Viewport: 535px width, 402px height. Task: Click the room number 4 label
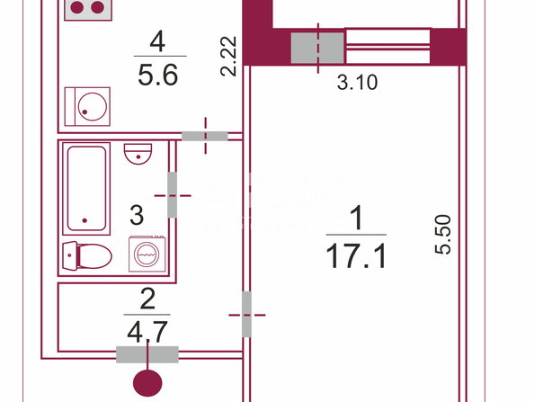[157, 41]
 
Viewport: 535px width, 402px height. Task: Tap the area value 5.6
[158, 75]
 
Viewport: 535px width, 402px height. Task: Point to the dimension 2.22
[228, 56]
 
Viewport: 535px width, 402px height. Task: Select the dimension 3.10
[357, 82]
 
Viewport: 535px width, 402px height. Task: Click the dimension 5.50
[443, 234]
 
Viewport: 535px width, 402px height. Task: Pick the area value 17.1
[356, 256]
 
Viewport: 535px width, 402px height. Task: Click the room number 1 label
[357, 218]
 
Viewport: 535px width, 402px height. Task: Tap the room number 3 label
[137, 215]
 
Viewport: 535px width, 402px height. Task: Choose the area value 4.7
[147, 332]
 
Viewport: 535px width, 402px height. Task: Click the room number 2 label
[147, 299]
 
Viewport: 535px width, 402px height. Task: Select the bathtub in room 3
[86, 189]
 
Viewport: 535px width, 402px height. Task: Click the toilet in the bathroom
[87, 256]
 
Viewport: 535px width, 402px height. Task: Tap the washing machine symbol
[147, 254]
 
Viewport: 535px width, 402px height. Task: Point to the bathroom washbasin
[138, 154]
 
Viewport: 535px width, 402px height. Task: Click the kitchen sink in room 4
[88, 106]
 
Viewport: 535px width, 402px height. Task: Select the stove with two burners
[88, 9]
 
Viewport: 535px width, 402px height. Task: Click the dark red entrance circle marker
[147, 383]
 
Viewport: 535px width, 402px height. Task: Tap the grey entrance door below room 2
[147, 354]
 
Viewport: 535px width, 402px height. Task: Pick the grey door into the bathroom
[172, 195]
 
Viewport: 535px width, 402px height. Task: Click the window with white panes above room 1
[388, 46]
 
